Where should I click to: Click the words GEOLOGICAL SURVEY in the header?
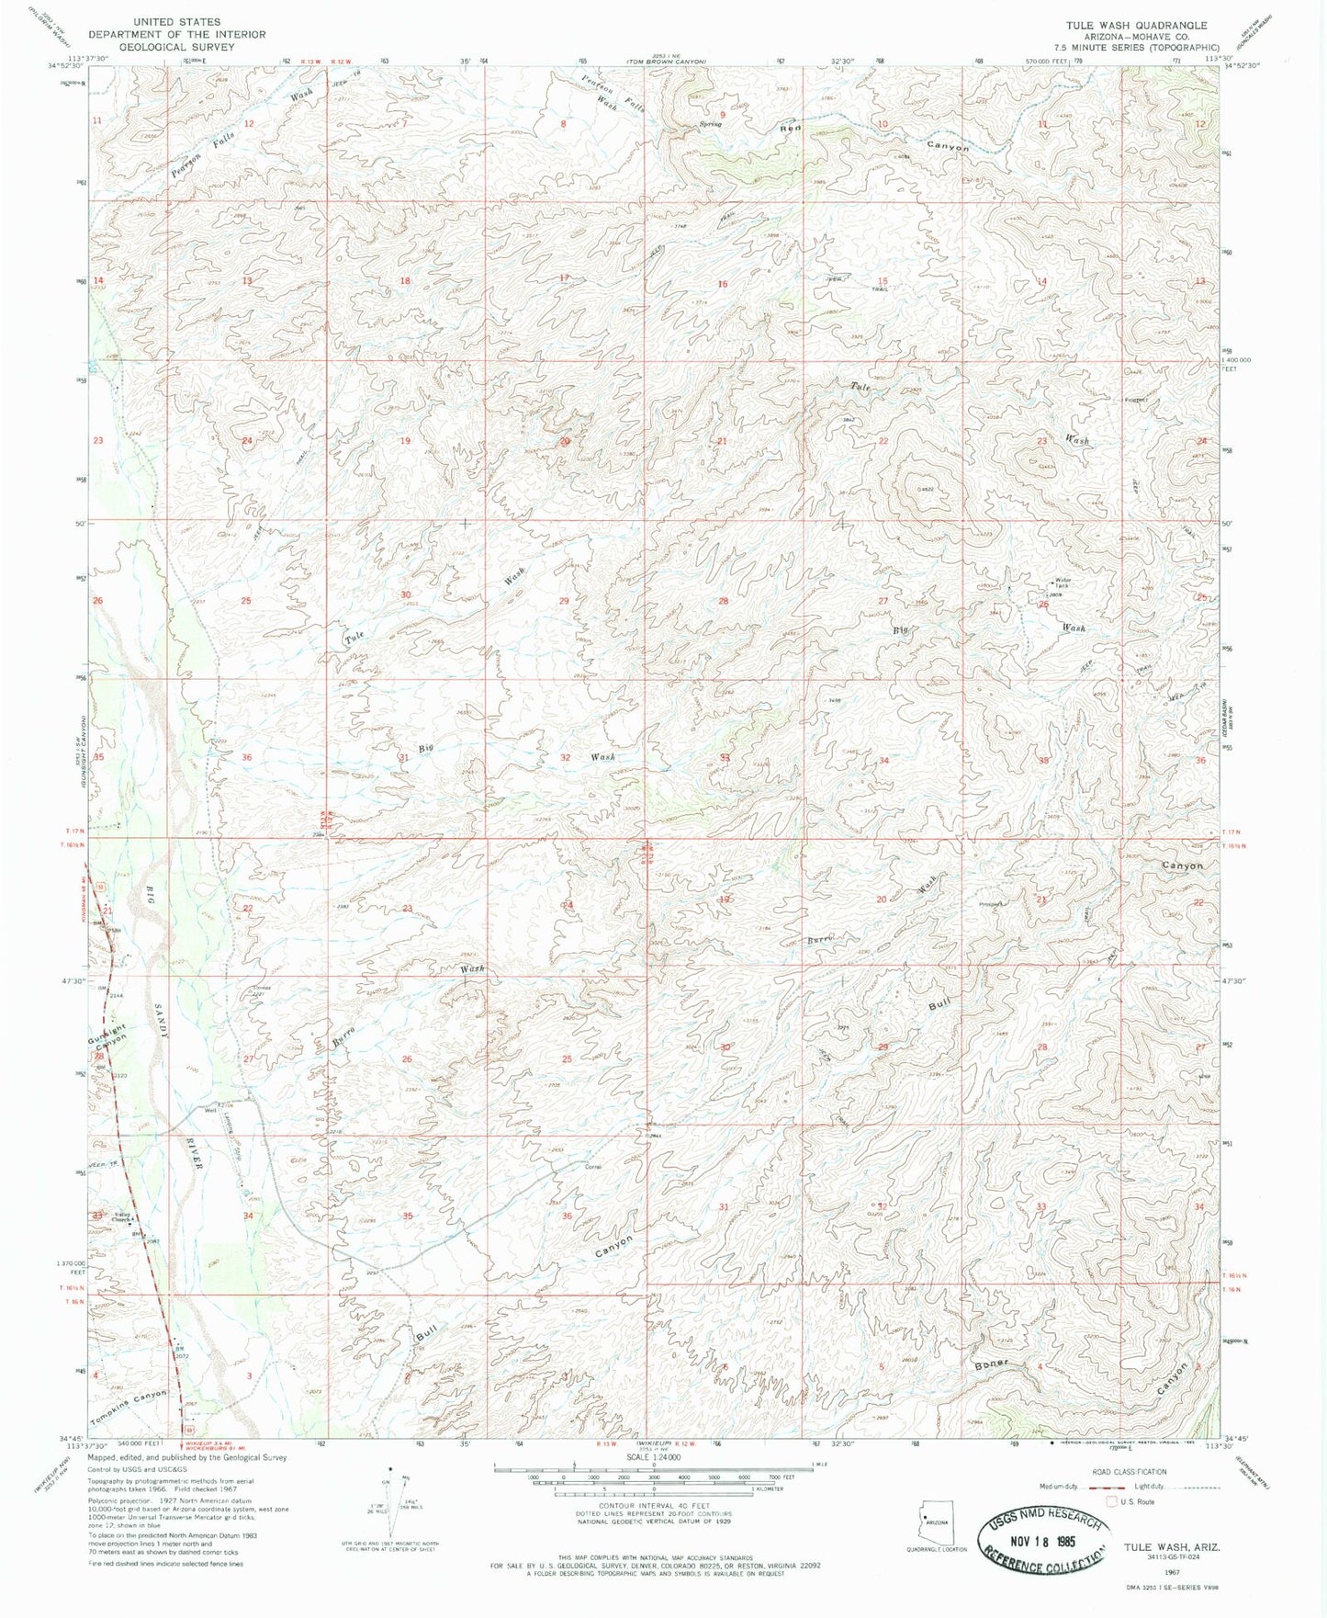coord(177,46)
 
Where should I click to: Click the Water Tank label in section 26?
coord(1063,583)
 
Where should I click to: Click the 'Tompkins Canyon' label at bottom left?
coord(131,1399)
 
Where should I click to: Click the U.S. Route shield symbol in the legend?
coord(1114,1501)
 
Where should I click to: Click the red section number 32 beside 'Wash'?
coord(566,758)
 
